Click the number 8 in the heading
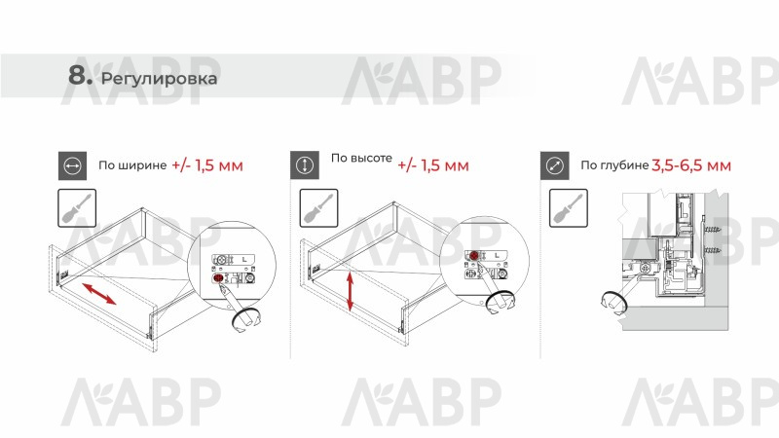coord(77,76)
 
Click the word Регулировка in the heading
coord(159,79)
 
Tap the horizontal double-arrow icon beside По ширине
coord(72,165)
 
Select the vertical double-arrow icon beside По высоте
coord(305,165)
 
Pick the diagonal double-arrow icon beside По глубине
coord(555,165)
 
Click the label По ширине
coord(132,165)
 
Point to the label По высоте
coord(361,158)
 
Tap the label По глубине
coord(615,165)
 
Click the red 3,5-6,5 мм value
coord(691,165)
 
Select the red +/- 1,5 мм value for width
coord(207,164)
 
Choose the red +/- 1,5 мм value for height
coord(433,164)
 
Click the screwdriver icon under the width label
coord(77,208)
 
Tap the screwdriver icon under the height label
coord(319,208)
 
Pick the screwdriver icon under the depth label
coord(569,208)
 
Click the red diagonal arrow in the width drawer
coord(99,294)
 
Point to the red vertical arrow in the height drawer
coord(351,291)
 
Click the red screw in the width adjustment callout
coord(217,277)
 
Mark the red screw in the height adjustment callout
coord(474,256)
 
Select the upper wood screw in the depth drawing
coord(711,230)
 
